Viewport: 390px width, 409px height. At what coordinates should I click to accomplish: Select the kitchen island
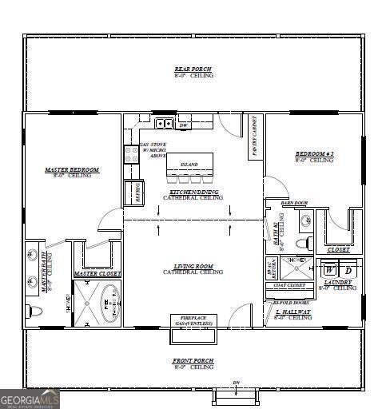pyautogui.click(x=189, y=165)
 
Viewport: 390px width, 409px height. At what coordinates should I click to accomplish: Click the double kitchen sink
pyautogui.click(x=164, y=124)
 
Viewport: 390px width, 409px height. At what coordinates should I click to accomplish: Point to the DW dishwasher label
pyautogui.click(x=183, y=125)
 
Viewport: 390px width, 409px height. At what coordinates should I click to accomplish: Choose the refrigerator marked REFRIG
pyautogui.click(x=133, y=193)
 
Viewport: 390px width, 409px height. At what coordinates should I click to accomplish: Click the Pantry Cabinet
pyautogui.click(x=257, y=137)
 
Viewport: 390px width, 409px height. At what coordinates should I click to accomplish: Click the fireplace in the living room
pyautogui.click(x=193, y=326)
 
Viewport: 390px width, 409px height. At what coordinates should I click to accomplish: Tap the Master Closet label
pyautogui.click(x=97, y=274)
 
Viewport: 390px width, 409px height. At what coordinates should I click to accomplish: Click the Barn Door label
pyautogui.click(x=294, y=204)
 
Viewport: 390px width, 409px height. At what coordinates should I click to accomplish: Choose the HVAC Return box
pyautogui.click(x=273, y=267)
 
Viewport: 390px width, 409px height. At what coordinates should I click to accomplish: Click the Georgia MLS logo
pyautogui.click(x=30, y=398)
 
